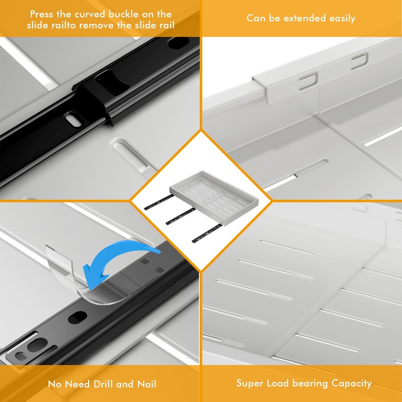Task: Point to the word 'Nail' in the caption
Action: click(x=147, y=384)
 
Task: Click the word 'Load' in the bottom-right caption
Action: click(x=278, y=384)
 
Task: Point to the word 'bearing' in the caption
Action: click(x=310, y=384)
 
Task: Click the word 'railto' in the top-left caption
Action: click(x=65, y=25)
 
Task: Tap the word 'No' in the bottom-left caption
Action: click(x=55, y=384)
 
